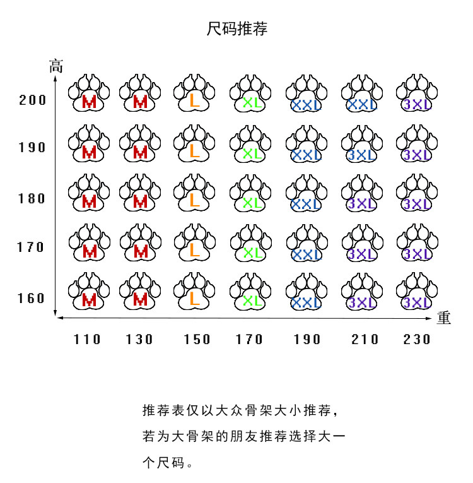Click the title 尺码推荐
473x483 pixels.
coord(237,29)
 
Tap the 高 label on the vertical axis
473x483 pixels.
coord(57,65)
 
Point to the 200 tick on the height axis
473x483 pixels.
coord(33,100)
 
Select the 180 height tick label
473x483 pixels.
coord(33,198)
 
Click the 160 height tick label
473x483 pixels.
coord(32,297)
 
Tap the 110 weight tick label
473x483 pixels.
coord(87,340)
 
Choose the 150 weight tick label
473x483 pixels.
coord(197,340)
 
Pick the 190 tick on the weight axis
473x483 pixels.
coord(307,340)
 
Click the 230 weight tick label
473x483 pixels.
coord(417,340)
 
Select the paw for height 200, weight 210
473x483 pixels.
coord(361,94)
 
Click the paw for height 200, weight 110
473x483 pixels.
coord(89,94)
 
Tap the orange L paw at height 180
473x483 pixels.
coord(196,193)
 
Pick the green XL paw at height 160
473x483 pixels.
coord(251,292)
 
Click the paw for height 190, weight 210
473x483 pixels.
coord(361,143)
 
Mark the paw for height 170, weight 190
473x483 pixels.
coord(307,243)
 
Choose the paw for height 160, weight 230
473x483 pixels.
coord(416,292)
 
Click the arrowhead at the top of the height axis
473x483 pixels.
coord(57,78)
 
